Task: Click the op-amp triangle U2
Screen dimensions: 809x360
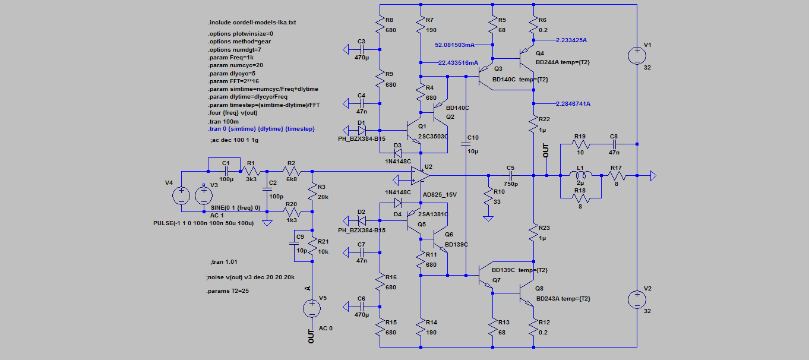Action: click(x=421, y=176)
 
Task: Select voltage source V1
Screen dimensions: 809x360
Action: click(x=637, y=56)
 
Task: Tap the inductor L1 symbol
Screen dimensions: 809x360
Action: click(x=580, y=175)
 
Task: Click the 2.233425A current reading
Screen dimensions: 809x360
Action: click(x=571, y=40)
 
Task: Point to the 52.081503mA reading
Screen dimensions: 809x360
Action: click(x=455, y=45)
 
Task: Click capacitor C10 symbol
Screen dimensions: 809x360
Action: click(x=466, y=144)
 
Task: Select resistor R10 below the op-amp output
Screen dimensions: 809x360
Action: click(x=488, y=197)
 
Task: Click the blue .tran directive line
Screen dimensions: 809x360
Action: click(x=261, y=129)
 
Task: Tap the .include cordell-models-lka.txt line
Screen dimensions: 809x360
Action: click(x=252, y=23)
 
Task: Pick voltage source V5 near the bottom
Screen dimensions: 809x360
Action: click(x=312, y=308)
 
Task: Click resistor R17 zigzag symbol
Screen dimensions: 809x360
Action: click(x=617, y=176)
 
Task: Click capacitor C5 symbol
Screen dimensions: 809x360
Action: click(x=510, y=176)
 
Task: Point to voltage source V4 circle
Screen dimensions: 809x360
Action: click(x=181, y=195)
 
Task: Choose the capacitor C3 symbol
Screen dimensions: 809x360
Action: click(x=362, y=49)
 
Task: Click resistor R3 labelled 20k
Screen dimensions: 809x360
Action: click(x=312, y=191)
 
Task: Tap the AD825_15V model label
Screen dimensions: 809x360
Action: click(x=440, y=195)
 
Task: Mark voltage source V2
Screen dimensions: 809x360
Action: click(x=637, y=299)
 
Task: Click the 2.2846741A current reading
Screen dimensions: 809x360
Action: click(x=573, y=103)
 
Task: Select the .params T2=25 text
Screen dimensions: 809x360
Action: click(x=227, y=290)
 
